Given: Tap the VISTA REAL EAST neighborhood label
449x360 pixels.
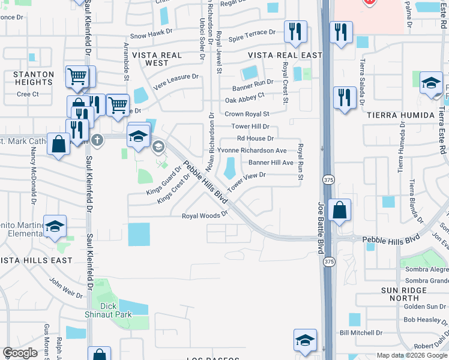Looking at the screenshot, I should pyautogui.click(x=277, y=55).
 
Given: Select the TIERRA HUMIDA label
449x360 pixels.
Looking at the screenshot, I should pyautogui.click(x=399, y=115).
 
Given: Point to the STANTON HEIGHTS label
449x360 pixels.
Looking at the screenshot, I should pyautogui.click(x=34, y=79).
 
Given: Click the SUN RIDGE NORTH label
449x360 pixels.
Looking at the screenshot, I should pyautogui.click(x=407, y=294).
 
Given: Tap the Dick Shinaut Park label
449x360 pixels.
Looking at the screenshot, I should pyautogui.click(x=115, y=310).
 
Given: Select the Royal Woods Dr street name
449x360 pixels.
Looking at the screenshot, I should pyautogui.click(x=206, y=215).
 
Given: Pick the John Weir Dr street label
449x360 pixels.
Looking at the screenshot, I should pyautogui.click(x=65, y=287).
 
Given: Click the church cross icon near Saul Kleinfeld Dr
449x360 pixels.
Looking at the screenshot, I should pyautogui.click(x=97, y=140).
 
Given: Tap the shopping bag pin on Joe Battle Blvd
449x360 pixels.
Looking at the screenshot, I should pyautogui.click(x=339, y=209).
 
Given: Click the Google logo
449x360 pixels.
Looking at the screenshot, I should pyautogui.click(x=20, y=352).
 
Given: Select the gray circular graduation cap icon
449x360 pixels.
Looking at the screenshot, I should pyautogui.click(x=158, y=146).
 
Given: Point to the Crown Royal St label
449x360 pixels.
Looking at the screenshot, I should pyautogui.click(x=247, y=114).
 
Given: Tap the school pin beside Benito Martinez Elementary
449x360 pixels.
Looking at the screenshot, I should pyautogui.click(x=55, y=226).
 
